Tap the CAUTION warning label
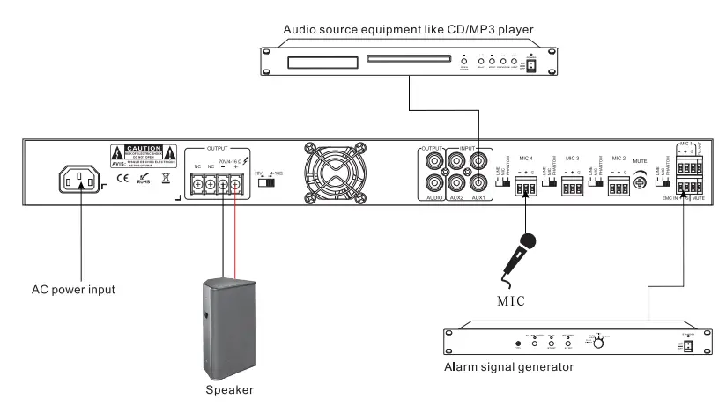point(142,151)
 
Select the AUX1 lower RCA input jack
point(478,183)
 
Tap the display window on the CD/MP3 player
point(308,63)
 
